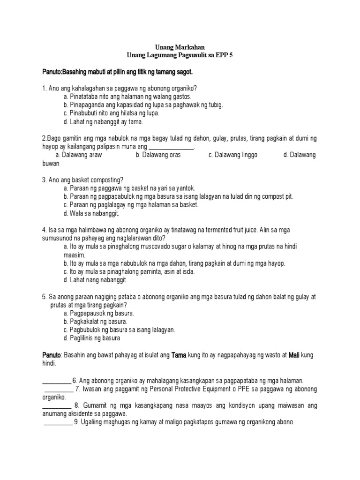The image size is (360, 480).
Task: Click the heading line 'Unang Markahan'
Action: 180,47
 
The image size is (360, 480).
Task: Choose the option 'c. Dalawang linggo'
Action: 233,155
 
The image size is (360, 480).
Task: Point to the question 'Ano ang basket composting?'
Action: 86,180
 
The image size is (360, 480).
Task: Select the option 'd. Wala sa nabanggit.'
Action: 91,213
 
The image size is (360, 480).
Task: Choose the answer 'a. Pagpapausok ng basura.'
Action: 98,313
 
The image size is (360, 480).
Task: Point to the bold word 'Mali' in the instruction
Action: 293,355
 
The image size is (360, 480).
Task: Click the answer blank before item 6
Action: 56,381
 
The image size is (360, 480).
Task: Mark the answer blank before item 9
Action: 59,422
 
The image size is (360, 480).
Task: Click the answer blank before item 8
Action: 56,405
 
